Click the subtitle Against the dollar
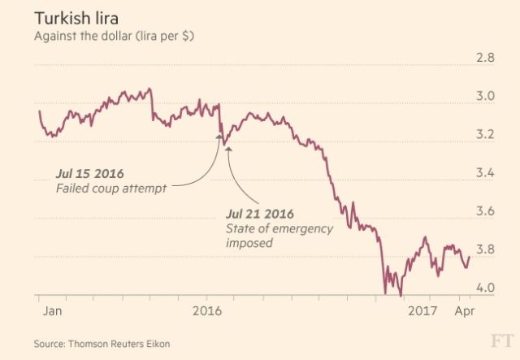point(114,37)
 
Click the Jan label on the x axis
point(50,311)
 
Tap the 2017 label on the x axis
point(422,311)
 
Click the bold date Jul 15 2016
point(89,174)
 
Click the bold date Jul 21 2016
point(259,214)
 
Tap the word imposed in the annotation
point(249,242)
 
